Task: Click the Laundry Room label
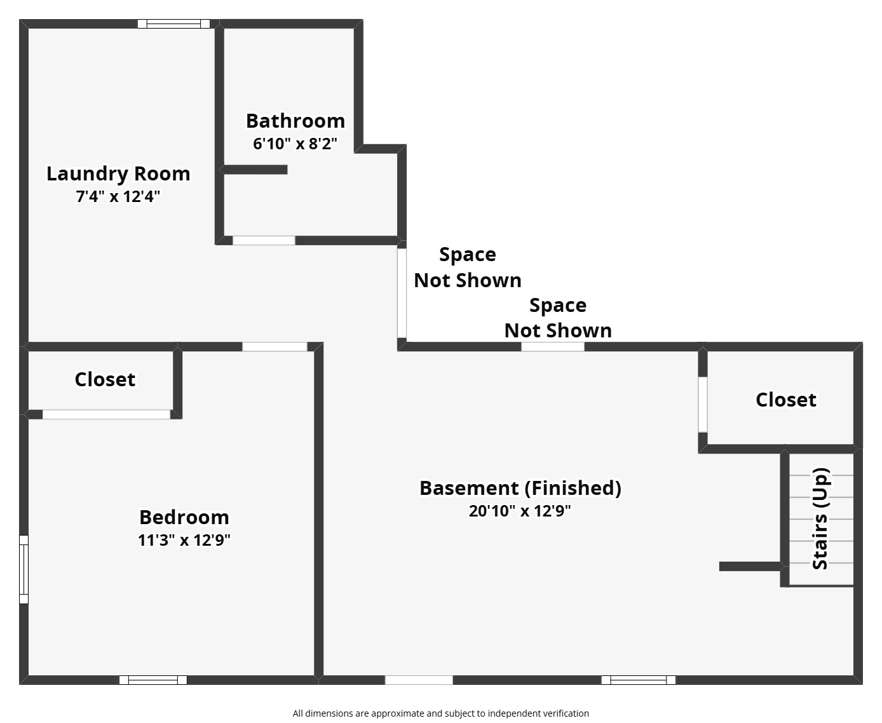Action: pos(118,173)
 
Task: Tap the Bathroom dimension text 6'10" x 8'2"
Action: pos(295,144)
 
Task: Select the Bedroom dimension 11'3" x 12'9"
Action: pos(184,540)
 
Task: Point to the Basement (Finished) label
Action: pos(520,488)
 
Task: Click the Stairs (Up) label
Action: pos(820,519)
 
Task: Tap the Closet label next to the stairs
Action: pos(785,400)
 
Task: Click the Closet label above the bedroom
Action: pos(105,379)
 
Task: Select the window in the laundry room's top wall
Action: pos(174,24)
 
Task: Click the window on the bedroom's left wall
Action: pos(24,569)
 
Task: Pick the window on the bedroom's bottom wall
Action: pos(153,680)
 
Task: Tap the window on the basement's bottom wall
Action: pos(638,680)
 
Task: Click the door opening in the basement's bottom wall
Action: pos(419,680)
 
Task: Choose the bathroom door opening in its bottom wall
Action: pos(264,240)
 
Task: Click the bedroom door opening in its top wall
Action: pos(275,347)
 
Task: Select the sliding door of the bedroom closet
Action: pos(106,414)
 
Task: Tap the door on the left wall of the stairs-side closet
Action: pos(702,405)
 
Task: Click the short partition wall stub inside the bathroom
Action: pos(254,170)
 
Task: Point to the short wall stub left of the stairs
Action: pos(750,566)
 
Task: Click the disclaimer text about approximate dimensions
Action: pos(440,713)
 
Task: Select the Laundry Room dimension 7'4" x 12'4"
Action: pos(118,196)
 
